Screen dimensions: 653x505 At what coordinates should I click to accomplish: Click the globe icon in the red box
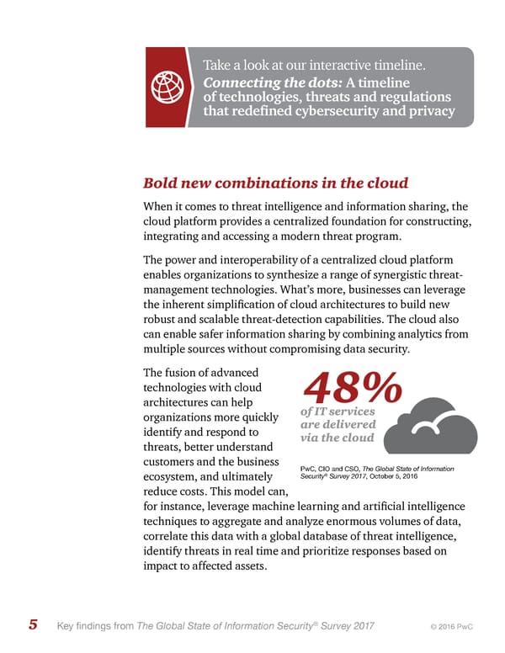point(166,87)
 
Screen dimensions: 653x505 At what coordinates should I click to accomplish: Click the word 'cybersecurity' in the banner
point(354,113)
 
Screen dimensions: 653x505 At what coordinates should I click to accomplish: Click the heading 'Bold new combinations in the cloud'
point(275,183)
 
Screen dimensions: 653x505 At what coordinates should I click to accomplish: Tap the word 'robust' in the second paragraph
point(162,321)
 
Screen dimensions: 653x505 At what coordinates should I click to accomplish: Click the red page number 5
point(33,625)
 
